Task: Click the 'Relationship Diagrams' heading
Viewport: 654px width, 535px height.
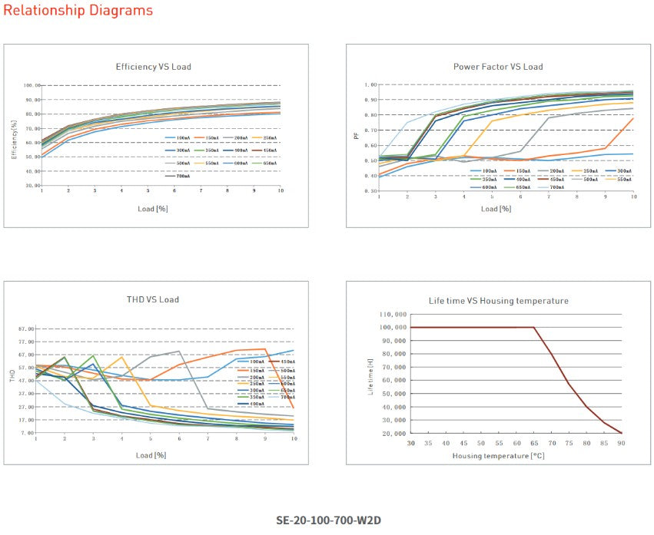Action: click(78, 11)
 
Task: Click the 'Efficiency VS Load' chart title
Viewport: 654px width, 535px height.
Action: click(153, 67)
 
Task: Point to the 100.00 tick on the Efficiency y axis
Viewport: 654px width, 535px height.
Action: click(32, 85)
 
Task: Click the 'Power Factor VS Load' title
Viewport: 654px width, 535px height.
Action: click(497, 67)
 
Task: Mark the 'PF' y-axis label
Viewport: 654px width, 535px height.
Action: click(356, 136)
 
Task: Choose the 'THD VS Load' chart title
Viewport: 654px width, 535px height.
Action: click(153, 299)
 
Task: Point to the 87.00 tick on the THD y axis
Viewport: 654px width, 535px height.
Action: click(25, 329)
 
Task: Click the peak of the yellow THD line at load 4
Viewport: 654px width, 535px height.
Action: click(121, 357)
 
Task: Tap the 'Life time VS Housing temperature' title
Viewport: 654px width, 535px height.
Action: click(498, 301)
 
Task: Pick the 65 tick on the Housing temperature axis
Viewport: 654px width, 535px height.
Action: click(534, 443)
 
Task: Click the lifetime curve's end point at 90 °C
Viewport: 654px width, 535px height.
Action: click(621, 433)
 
